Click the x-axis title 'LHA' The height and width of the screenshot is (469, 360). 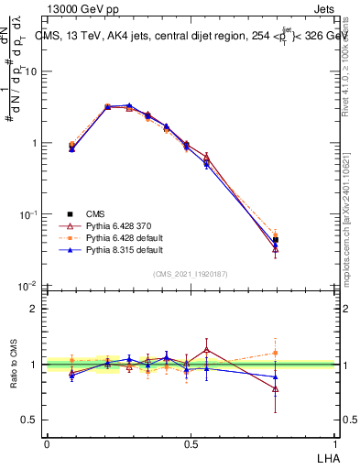(x=325, y=458)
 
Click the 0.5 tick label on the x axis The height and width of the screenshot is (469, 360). (x=191, y=443)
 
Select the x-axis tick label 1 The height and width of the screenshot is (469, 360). (x=335, y=443)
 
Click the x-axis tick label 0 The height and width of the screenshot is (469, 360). (x=47, y=443)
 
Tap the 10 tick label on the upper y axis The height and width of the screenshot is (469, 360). (x=30, y=71)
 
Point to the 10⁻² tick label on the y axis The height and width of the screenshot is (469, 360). (x=27, y=286)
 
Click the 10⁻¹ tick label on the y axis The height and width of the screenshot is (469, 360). (x=27, y=214)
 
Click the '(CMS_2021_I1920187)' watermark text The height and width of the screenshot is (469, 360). (x=191, y=273)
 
